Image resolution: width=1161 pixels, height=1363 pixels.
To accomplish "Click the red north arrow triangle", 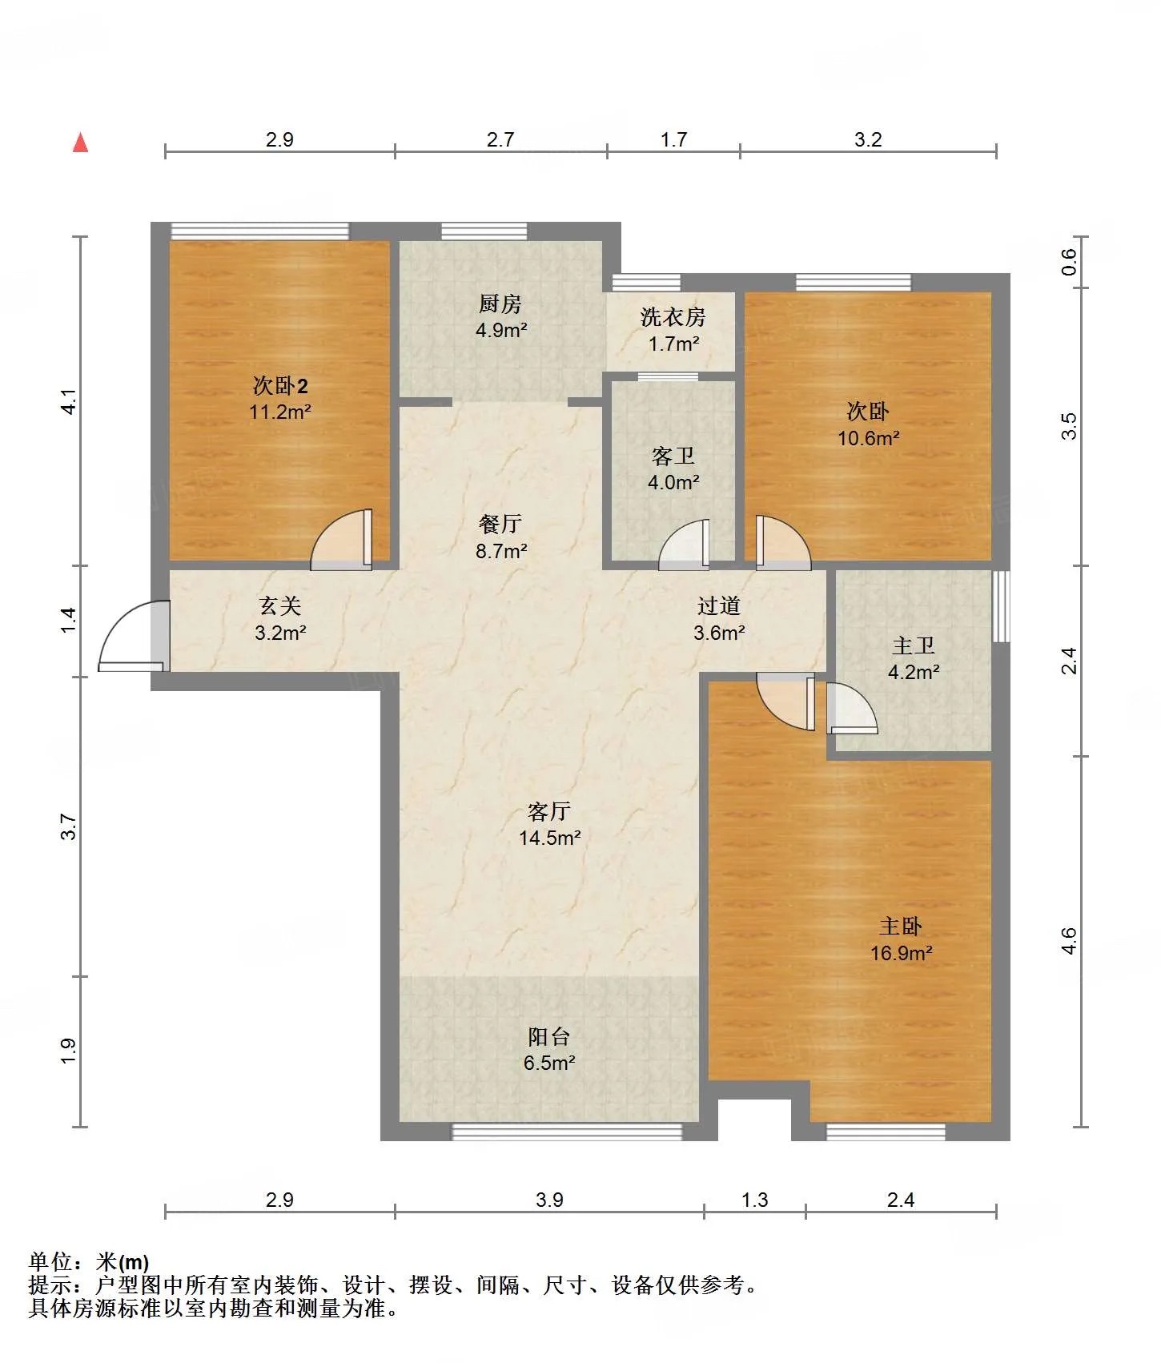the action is pos(80,143).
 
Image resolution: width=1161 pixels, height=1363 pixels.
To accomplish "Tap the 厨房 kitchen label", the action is pos(500,304).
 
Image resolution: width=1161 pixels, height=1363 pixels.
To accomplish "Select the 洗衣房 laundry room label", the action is pos(673,317).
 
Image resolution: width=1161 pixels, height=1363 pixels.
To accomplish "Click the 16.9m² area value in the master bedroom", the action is pos(902,953).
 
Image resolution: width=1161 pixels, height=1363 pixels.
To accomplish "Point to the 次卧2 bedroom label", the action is pos(280,386).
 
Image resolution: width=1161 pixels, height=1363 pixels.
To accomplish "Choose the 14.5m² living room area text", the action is pos(549,838).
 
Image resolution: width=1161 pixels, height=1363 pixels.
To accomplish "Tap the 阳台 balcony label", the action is pos(549,1037).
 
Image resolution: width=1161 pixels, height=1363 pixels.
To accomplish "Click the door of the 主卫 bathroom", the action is pos(852,708).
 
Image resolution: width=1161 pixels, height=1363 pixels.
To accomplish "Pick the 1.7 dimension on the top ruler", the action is pos(673,139).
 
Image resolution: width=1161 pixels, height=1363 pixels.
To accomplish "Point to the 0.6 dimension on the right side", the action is pos(1070,262).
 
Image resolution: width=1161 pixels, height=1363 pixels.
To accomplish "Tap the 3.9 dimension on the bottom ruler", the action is pos(549,1200).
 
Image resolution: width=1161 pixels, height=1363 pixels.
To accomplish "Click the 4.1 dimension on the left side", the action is pos(70,401).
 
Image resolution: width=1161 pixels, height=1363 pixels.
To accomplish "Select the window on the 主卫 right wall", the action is pos(1001,605).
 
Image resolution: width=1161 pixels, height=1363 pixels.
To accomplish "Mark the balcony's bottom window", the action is pos(567,1132).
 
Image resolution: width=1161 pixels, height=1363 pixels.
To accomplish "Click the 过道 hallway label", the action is pos(719,606).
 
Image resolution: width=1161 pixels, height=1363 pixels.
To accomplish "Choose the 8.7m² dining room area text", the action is pos(501,551).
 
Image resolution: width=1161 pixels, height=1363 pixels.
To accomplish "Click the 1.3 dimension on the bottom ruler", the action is pos(754,1200).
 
